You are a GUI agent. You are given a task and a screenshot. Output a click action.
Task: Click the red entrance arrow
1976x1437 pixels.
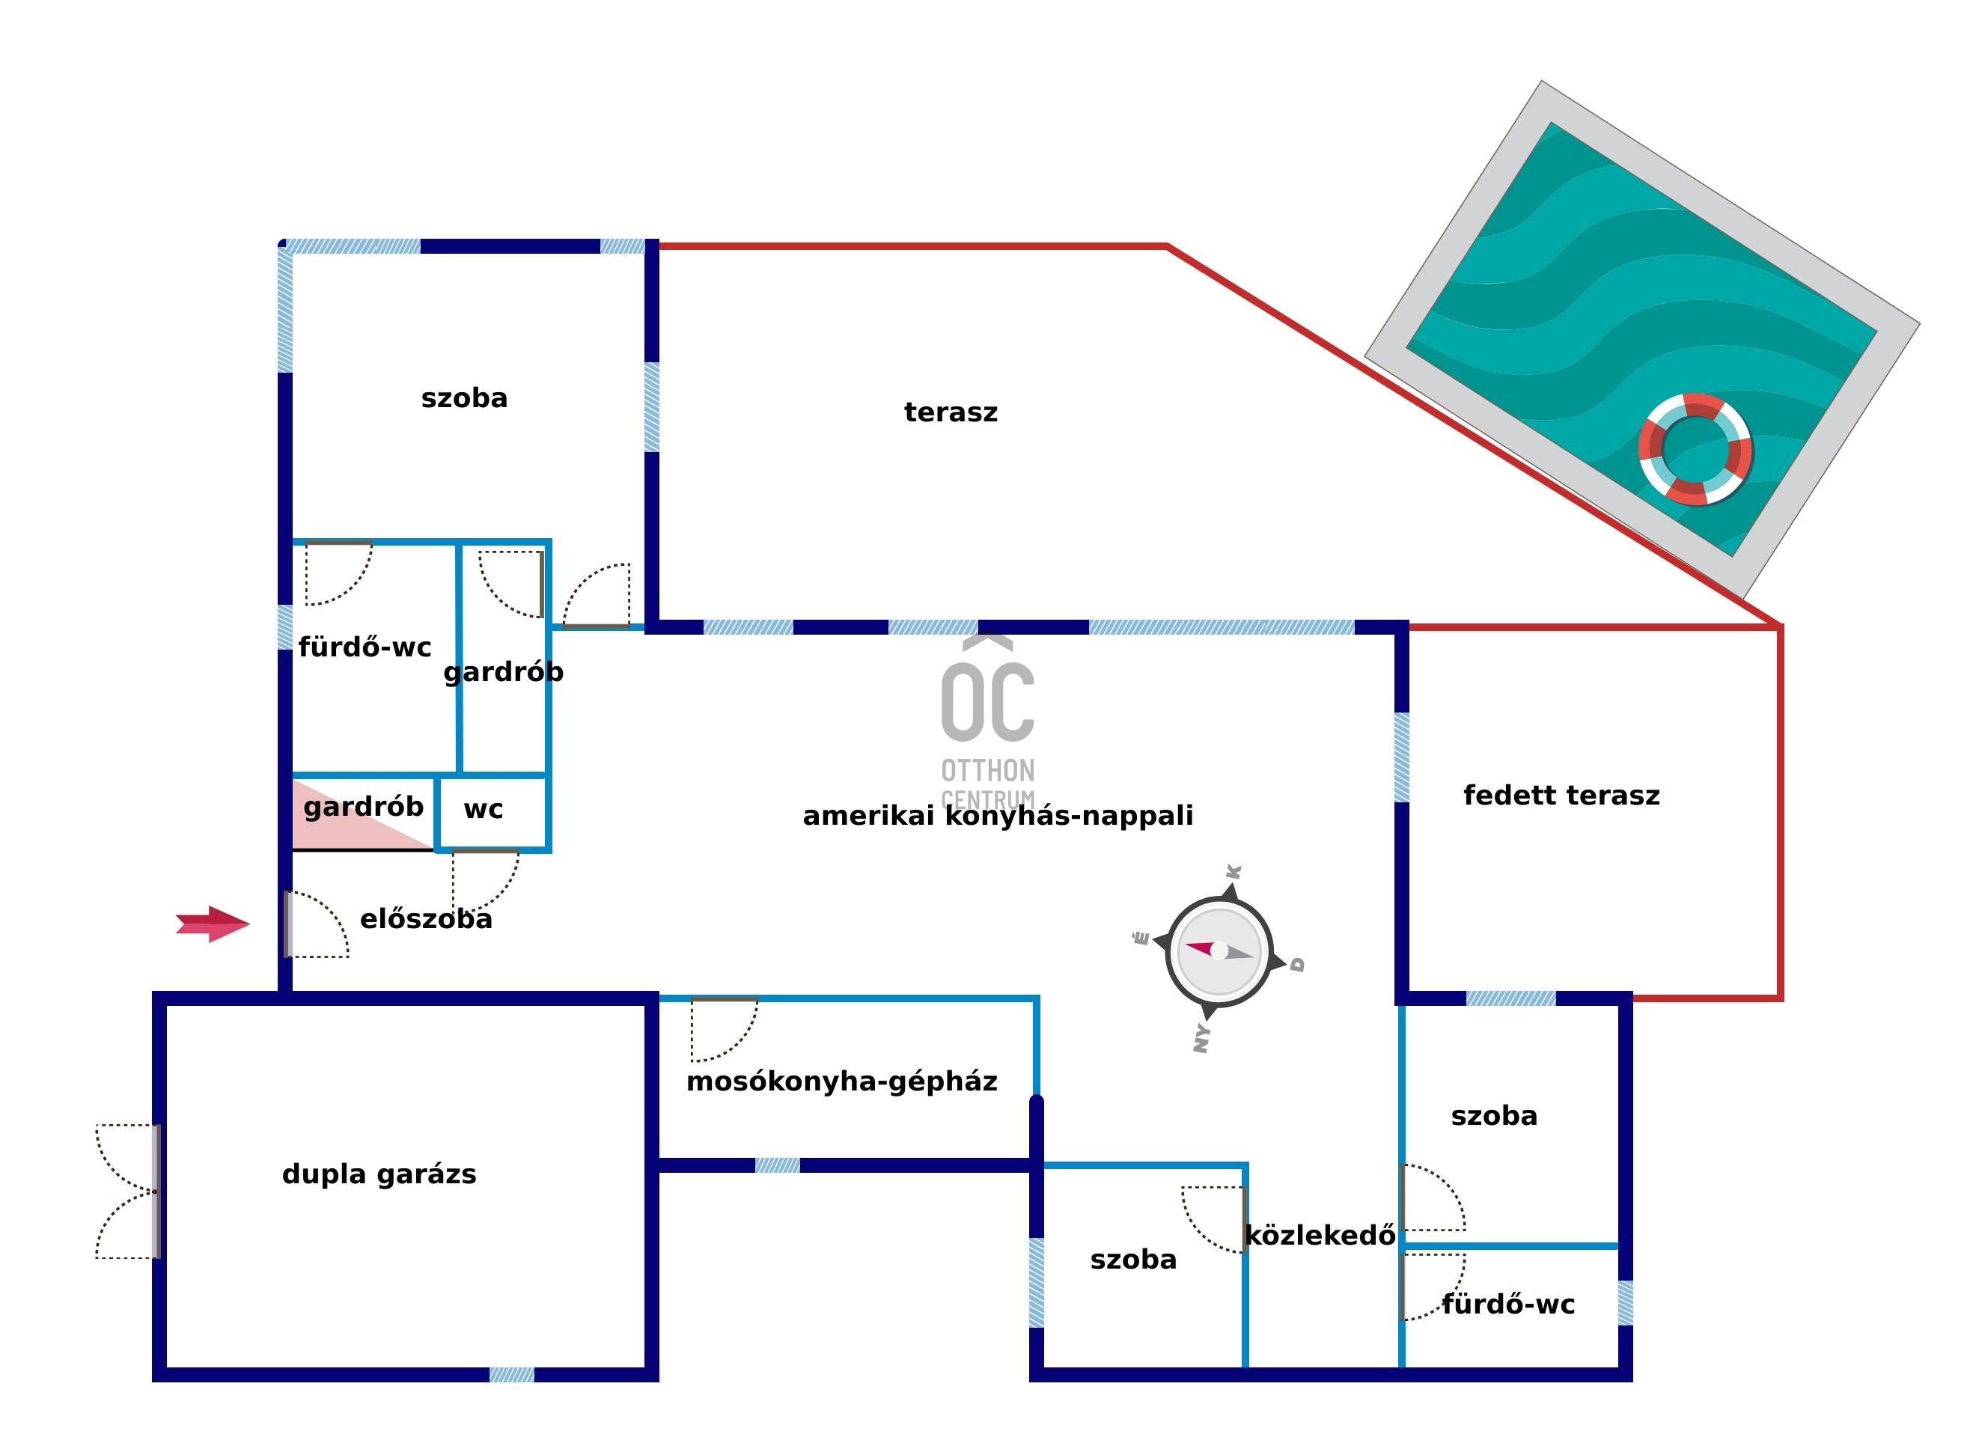tap(213, 924)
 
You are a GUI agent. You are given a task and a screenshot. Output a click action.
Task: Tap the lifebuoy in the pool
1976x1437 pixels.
tap(1695, 450)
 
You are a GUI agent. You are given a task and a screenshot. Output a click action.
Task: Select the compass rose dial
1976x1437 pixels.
tap(1219, 951)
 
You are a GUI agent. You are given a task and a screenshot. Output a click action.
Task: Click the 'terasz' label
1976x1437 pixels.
tap(951, 412)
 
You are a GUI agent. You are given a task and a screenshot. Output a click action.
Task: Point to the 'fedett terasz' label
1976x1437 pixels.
tap(1561, 796)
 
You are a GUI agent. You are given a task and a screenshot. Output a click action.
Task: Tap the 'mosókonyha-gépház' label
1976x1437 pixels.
tap(841, 1081)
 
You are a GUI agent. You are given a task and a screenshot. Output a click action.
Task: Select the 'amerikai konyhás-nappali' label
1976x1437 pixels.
tap(998, 816)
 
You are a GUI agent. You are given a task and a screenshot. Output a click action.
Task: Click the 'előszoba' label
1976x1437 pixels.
tap(426, 919)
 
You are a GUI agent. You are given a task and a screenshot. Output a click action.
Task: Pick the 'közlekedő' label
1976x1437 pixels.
tap(1319, 1236)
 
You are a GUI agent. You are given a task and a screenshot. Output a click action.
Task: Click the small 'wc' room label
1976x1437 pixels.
tap(484, 810)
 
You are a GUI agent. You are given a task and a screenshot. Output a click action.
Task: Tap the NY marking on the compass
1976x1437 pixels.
tap(1202, 1038)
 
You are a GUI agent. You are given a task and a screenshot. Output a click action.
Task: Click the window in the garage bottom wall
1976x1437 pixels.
tap(511, 1374)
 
